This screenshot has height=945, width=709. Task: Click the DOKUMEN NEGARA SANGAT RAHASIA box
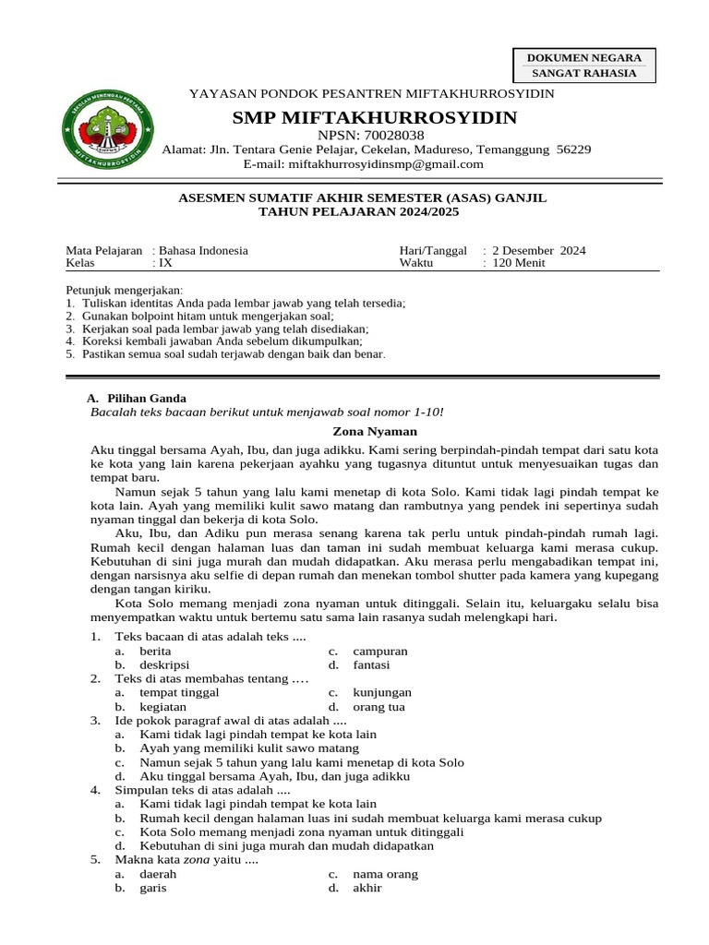tap(583, 66)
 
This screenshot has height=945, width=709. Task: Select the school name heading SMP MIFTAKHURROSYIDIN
tap(375, 117)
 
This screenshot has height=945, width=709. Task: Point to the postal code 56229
tap(574, 150)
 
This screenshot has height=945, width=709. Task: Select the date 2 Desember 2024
tap(539, 250)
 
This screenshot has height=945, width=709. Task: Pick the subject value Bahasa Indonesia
tap(204, 250)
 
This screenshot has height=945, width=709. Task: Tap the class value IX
tap(166, 263)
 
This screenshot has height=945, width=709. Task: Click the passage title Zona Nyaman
tap(375, 431)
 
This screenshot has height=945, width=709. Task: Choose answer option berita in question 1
tap(156, 651)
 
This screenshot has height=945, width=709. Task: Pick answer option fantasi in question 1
tap(371, 664)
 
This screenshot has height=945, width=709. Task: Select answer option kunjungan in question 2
tap(382, 692)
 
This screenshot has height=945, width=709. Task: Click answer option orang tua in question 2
tap(379, 707)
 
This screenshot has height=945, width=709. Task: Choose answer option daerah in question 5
tap(158, 874)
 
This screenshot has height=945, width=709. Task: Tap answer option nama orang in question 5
tap(385, 874)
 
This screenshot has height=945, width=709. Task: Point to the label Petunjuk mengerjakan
tap(125, 290)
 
